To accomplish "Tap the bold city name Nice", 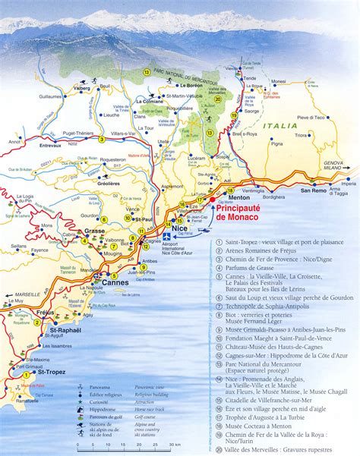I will [179, 228].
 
